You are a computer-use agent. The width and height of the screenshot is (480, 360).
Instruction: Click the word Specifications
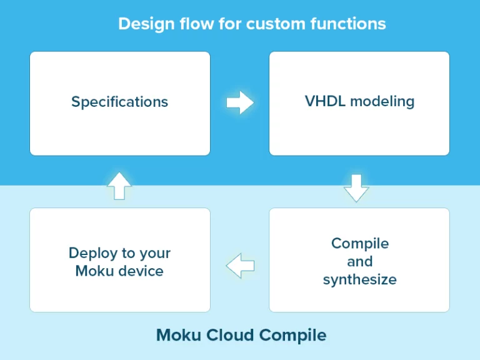(x=120, y=102)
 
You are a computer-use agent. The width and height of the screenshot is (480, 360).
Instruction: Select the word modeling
(x=382, y=102)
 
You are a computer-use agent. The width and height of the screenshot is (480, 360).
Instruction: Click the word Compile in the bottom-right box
(x=360, y=244)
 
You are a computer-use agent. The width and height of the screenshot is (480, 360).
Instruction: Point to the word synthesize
(x=360, y=280)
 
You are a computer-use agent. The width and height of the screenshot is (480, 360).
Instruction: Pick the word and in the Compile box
(x=360, y=261)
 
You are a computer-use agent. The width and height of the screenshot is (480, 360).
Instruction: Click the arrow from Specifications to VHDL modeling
(x=240, y=102)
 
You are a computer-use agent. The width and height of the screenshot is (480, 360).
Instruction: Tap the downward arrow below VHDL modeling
(x=356, y=188)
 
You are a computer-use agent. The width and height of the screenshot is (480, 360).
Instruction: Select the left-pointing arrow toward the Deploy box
(x=240, y=266)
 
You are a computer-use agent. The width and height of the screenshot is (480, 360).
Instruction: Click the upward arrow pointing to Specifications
(x=119, y=186)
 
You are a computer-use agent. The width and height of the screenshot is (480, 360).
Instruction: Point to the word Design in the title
(x=146, y=24)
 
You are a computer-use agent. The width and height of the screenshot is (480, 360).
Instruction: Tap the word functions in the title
(x=348, y=24)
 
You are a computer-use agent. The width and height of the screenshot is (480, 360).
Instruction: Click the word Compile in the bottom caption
(x=292, y=336)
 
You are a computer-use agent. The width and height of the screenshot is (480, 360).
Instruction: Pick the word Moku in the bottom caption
(x=179, y=335)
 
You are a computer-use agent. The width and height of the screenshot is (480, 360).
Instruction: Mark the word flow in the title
(x=196, y=24)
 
